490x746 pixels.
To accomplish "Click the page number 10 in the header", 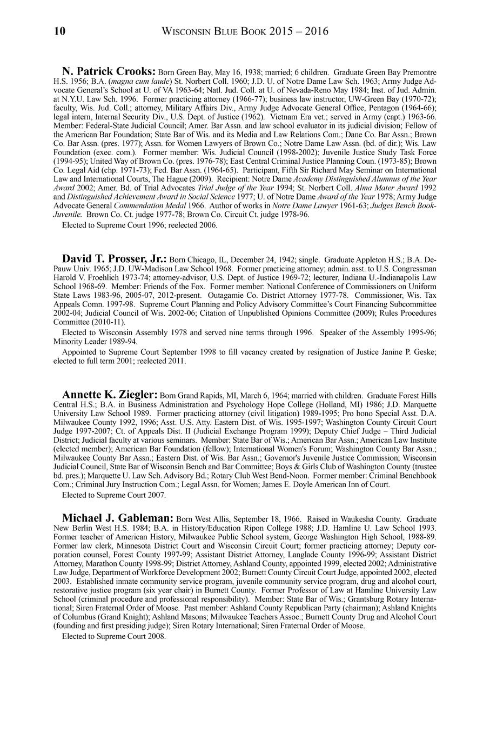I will point(59,31).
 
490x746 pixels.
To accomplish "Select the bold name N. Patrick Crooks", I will point(109,71).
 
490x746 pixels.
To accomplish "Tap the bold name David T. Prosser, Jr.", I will point(115,259).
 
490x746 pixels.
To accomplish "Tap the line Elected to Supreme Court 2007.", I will point(113,495).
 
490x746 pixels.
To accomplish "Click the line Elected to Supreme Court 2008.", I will point(113,636).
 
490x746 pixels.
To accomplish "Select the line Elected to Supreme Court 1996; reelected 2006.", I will point(139,225).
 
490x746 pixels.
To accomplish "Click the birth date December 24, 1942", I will point(259,261).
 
